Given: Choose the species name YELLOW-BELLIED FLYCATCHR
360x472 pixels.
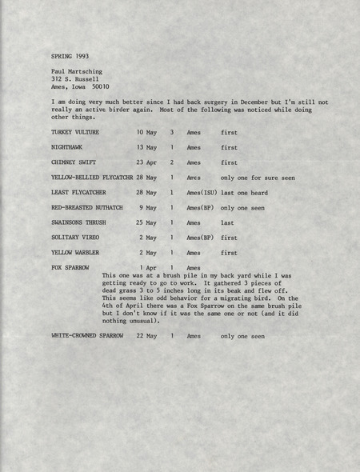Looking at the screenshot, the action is click(x=92, y=178).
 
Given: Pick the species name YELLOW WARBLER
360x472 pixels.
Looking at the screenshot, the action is click(x=76, y=253).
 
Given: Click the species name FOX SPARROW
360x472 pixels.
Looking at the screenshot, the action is click(x=70, y=267).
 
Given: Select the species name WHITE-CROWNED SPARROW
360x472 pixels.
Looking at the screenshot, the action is click(x=87, y=336).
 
